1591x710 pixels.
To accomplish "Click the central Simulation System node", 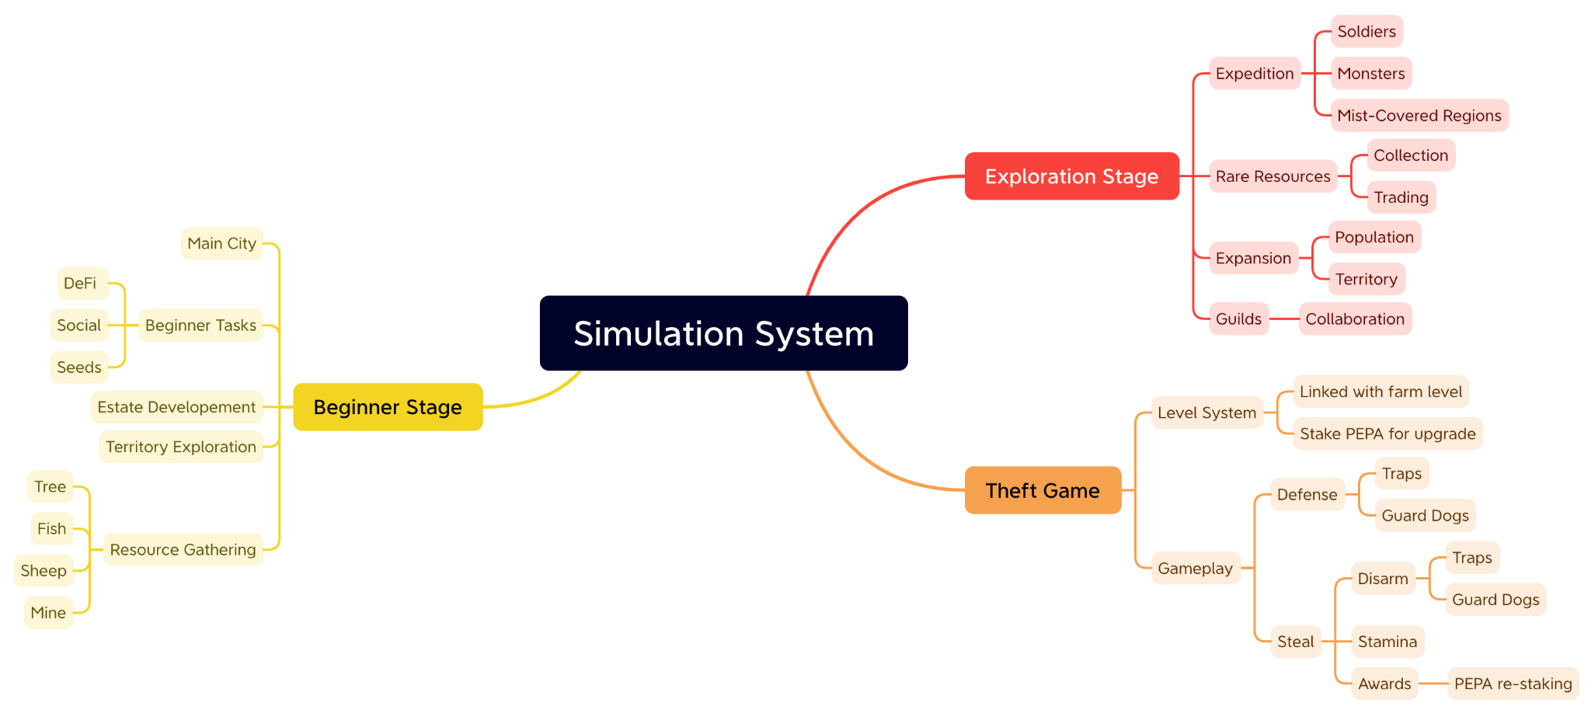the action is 723,333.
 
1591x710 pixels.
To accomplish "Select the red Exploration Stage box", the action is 1071,176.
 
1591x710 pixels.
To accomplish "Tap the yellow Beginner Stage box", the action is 388,407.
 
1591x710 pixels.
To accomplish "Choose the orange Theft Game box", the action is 1043,490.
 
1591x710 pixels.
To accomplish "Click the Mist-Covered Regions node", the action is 1419,116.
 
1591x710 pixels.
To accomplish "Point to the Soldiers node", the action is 1366,32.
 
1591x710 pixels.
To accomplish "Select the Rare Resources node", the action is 1272,176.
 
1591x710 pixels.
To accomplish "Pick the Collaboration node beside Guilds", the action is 1355,319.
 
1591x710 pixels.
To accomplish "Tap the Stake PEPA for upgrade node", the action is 1387,433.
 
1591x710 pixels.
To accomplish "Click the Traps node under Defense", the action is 1401,474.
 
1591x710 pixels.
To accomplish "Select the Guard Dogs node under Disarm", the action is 1495,600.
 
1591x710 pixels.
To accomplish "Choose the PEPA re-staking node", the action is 1513,684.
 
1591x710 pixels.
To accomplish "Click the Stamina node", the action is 1387,642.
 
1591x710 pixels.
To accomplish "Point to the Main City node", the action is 222,243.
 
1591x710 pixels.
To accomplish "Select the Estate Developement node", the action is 177,407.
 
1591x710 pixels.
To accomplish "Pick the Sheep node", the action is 44,571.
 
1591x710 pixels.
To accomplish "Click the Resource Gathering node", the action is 183,550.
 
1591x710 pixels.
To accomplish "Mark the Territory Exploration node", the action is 181,447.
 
